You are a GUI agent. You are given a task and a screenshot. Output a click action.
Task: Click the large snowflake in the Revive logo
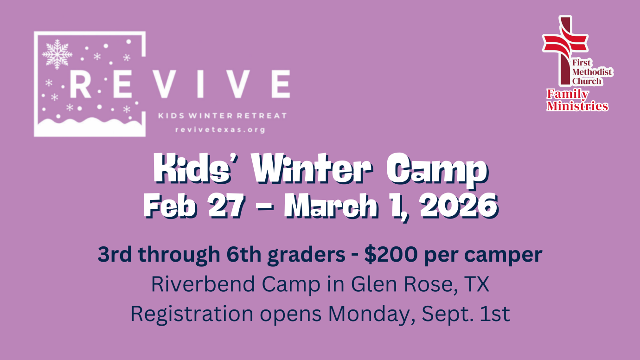(57, 53)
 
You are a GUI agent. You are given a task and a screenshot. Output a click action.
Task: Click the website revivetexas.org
(220, 130)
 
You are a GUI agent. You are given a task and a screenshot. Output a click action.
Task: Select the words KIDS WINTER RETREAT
(223, 116)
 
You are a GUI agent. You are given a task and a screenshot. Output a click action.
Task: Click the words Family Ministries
(577, 100)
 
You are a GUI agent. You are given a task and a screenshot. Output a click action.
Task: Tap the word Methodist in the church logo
(592, 72)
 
